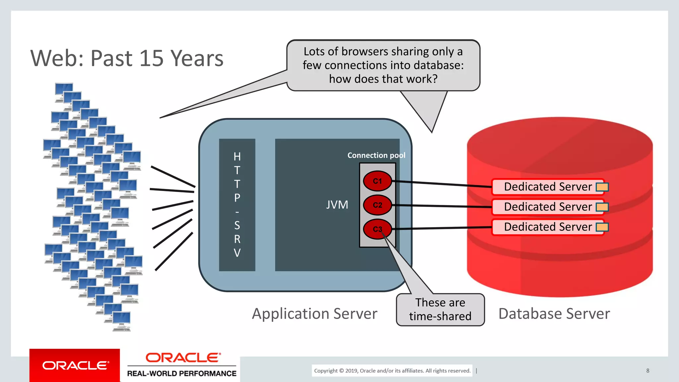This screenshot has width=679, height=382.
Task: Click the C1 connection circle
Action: pyautogui.click(x=377, y=181)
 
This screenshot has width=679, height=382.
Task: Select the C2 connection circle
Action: pyautogui.click(x=377, y=205)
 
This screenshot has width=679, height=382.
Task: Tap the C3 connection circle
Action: pyautogui.click(x=377, y=229)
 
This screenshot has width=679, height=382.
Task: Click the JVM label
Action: pyautogui.click(x=337, y=205)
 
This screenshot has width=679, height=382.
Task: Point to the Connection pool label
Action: pyautogui.click(x=376, y=155)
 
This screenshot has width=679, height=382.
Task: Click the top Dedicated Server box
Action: pyautogui.click(x=548, y=187)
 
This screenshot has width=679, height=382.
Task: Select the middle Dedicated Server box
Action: pyautogui.click(x=548, y=207)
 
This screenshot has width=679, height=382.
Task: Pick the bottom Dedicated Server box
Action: pyautogui.click(x=548, y=227)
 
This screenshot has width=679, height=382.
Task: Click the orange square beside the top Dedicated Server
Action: pyautogui.click(x=602, y=187)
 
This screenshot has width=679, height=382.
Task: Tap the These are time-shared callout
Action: pyautogui.click(x=440, y=309)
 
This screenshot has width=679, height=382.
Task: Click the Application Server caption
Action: pyautogui.click(x=314, y=314)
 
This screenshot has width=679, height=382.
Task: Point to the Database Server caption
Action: pyautogui.click(x=554, y=314)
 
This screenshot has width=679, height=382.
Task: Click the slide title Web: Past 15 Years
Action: pyautogui.click(x=127, y=58)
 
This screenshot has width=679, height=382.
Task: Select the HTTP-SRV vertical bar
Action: pyautogui.click(x=237, y=205)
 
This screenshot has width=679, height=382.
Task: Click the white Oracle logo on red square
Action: pyautogui.click(x=75, y=365)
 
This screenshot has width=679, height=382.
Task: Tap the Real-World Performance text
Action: pyautogui.click(x=182, y=373)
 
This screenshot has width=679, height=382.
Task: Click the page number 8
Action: pyautogui.click(x=648, y=370)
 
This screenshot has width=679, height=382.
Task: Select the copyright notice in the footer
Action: pyautogui.click(x=392, y=370)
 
